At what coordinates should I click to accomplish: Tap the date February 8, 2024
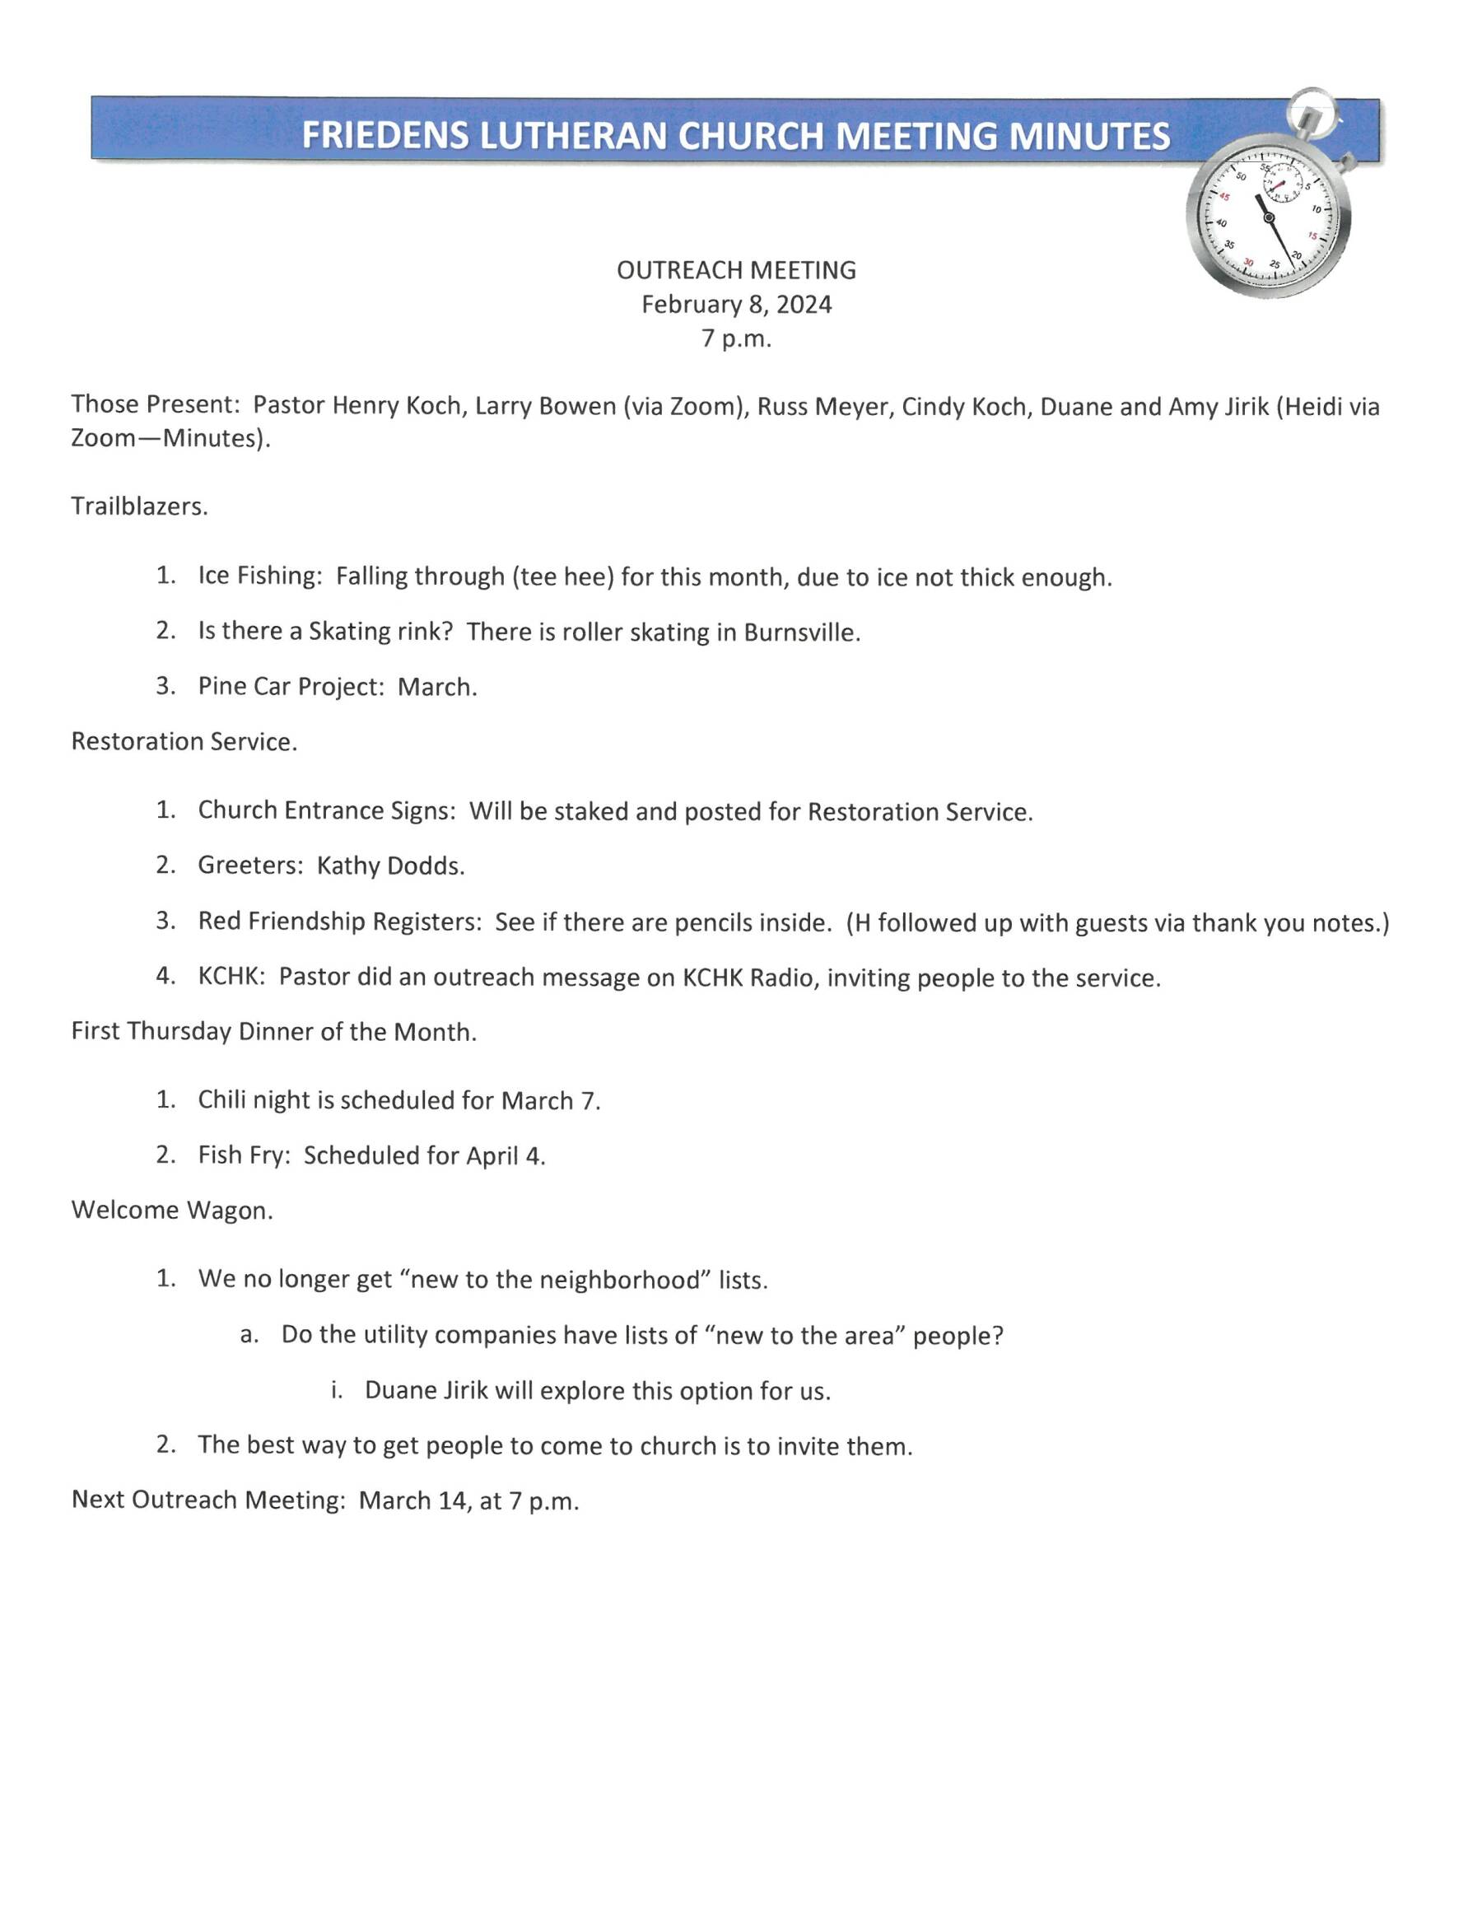[736, 305]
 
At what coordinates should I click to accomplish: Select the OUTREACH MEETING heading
[736, 269]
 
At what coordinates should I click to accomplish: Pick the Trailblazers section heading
[138, 506]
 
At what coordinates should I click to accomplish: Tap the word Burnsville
[801, 632]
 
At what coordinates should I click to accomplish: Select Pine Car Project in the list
[291, 687]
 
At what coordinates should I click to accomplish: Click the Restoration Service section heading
[184, 742]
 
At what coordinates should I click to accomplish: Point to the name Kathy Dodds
[389, 866]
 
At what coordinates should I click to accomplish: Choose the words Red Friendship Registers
[338, 922]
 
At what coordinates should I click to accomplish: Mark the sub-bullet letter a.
[249, 1336]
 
